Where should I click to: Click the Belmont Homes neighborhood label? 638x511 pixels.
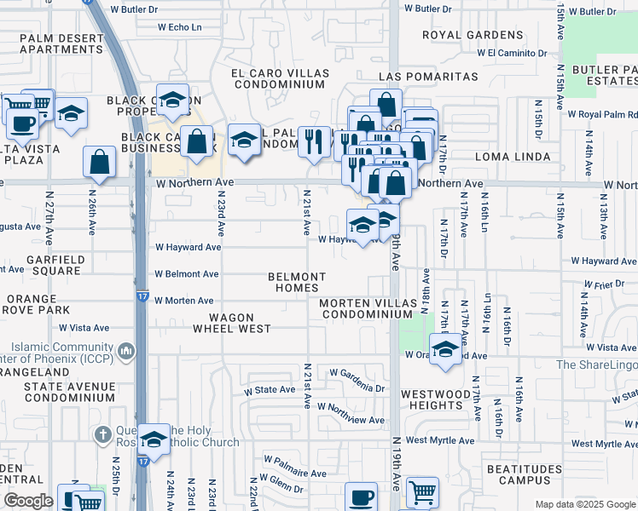[x=297, y=282]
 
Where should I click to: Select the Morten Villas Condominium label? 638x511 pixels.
[x=366, y=308]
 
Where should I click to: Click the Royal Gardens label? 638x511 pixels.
[x=473, y=35]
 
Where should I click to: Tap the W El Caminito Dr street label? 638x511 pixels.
[x=512, y=53]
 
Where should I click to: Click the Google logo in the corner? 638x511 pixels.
[x=27, y=501]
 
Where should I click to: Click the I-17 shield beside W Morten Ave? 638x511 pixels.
[x=142, y=296]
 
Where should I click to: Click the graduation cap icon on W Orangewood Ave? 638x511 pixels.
[x=445, y=348]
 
